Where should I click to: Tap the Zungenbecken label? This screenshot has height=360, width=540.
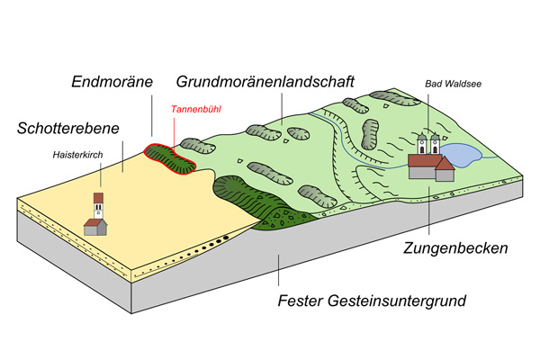pos(455,247)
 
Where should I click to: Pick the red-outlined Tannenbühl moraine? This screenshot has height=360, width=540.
pos(174,158)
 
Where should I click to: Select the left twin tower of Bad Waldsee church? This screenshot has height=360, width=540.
pos(421,145)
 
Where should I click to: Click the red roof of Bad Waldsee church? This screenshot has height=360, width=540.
pos(427,160)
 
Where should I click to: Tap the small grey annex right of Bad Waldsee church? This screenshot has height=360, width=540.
pos(445,171)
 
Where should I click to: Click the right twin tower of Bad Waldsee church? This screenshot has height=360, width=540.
pos(436,145)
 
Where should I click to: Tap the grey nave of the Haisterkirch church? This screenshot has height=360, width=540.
pos(93,225)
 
